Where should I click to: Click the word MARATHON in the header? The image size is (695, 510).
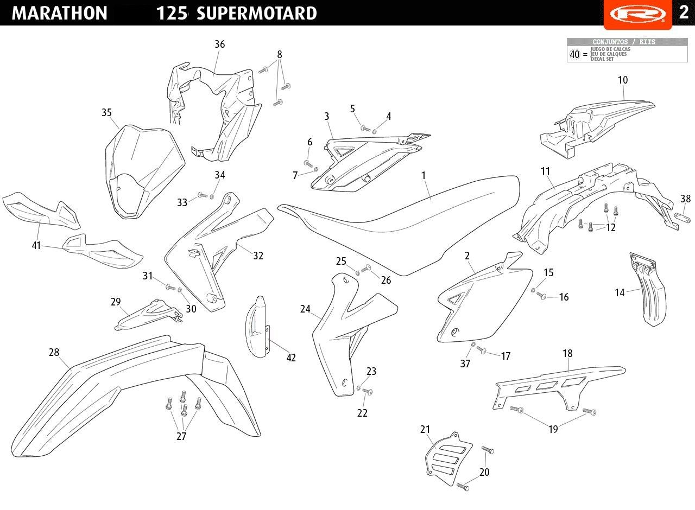tap(59, 13)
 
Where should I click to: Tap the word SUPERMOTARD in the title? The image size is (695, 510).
tap(257, 13)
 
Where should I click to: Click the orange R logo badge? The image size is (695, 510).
tap(637, 14)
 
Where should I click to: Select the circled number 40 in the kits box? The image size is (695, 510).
tap(574, 54)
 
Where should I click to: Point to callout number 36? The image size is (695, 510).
tap(220, 44)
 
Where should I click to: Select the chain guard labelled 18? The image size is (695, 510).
tap(559, 387)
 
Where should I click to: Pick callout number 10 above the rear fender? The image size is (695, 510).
tap(623, 80)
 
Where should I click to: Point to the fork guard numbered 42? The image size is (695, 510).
tap(257, 327)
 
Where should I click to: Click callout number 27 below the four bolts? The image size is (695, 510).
tap(181, 436)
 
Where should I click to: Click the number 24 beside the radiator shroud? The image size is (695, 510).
tap(305, 309)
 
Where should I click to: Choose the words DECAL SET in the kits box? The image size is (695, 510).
tap(602, 59)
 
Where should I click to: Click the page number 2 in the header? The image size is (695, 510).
tap(684, 13)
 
